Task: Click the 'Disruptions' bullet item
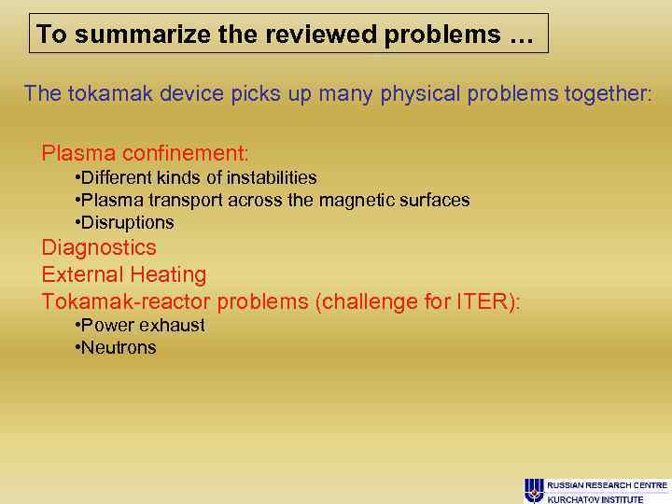[127, 222]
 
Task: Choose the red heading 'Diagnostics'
[99, 248]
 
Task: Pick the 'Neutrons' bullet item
[119, 347]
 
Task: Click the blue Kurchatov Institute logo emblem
[534, 489]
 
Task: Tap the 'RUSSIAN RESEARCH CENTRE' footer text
[608, 485]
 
